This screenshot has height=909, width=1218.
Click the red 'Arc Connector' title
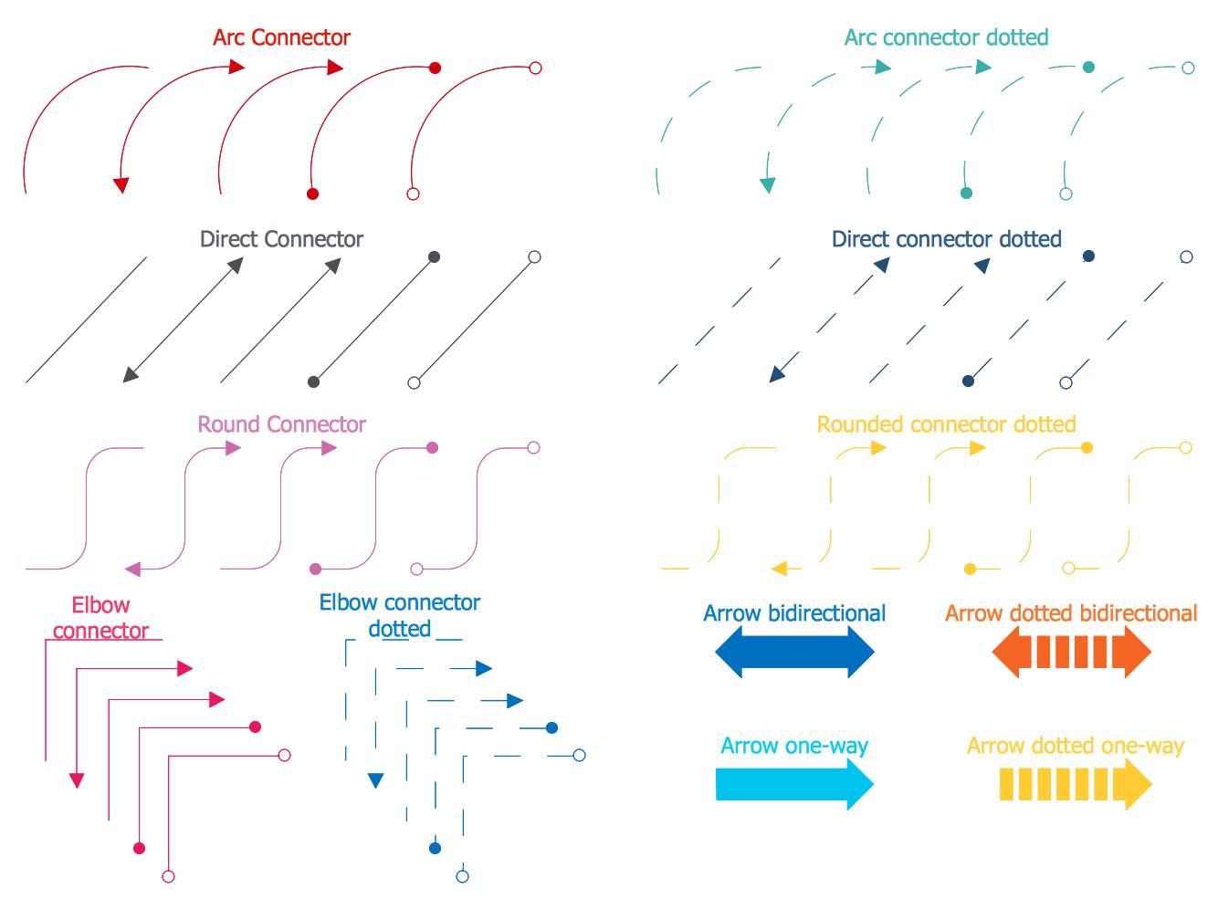click(281, 37)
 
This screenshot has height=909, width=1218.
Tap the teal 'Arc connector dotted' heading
click(946, 37)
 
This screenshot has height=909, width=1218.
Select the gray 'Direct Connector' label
click(281, 239)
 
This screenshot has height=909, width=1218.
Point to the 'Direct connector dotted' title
click(946, 239)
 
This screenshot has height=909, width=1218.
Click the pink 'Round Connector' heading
click(281, 424)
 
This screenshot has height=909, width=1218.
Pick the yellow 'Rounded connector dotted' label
click(946, 424)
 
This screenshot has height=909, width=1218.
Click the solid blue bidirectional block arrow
click(794, 653)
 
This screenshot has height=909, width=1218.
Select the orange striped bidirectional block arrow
click(1071, 653)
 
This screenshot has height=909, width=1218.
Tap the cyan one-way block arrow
click(794, 784)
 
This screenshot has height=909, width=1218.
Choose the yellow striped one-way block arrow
click(1075, 784)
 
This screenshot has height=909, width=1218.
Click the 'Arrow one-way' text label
click(794, 746)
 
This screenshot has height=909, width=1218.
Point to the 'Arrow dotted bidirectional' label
click(1071, 613)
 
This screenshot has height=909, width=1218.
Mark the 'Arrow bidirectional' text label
click(794, 613)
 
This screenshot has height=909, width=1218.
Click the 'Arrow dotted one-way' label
click(1075, 746)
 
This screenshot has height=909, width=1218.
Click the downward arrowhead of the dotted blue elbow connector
click(375, 780)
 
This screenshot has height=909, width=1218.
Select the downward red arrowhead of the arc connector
click(121, 185)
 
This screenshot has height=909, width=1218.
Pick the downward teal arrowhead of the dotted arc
click(768, 185)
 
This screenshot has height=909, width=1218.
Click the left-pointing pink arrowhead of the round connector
click(133, 569)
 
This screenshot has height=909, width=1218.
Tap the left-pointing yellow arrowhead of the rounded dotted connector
click(780, 569)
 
